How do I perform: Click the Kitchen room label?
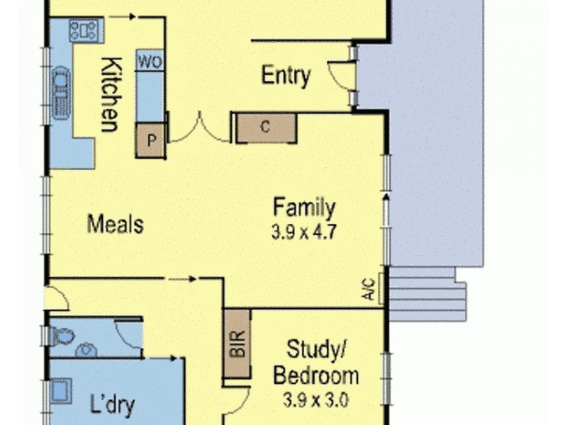tap(109, 95)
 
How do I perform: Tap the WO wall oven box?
tap(150, 62)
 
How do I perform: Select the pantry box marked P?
tap(150, 140)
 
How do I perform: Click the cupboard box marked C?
tap(266, 127)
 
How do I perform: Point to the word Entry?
tap(286, 75)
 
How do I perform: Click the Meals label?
tap(116, 225)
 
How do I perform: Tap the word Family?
tap(304, 208)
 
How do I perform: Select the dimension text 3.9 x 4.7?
tap(304, 231)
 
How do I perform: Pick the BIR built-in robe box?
tap(237, 344)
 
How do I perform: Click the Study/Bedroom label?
tap(315, 361)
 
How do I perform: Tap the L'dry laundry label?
tap(113, 407)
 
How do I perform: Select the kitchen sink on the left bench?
tap(60, 90)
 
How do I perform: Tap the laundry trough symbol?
tap(60, 391)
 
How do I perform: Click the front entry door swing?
tap(339, 76)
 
